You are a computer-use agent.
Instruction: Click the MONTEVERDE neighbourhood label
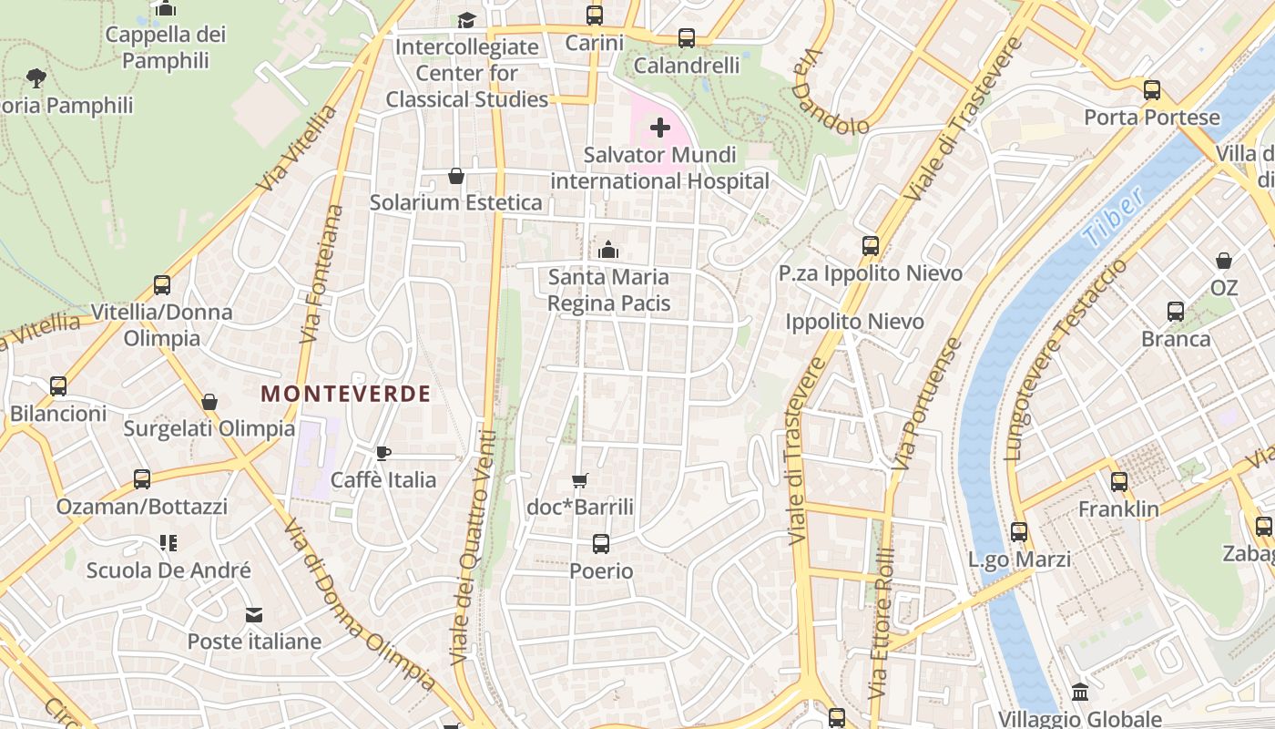click(345, 394)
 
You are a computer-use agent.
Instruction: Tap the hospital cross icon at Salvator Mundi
click(660, 128)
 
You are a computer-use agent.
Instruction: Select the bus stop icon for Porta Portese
click(1152, 90)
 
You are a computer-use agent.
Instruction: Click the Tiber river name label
click(1112, 219)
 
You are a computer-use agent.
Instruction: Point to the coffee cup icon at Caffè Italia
click(383, 453)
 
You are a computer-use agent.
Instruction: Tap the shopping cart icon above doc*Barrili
click(579, 480)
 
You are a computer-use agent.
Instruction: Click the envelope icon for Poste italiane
click(254, 615)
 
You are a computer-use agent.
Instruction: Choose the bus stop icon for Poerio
click(601, 544)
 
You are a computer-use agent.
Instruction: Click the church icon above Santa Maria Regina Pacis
click(608, 250)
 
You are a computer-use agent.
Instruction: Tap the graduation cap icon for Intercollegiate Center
click(466, 20)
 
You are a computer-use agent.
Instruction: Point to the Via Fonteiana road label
click(323, 273)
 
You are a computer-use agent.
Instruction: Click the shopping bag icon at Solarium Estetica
click(455, 176)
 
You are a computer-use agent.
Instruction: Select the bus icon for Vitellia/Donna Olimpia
click(162, 285)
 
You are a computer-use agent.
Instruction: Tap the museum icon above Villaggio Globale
click(1080, 692)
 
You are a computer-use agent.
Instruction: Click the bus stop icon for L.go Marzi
click(1019, 532)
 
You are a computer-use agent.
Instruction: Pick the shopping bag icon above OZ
click(1224, 262)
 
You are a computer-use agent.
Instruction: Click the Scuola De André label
click(168, 571)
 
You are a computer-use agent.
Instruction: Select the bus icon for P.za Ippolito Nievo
click(871, 246)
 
